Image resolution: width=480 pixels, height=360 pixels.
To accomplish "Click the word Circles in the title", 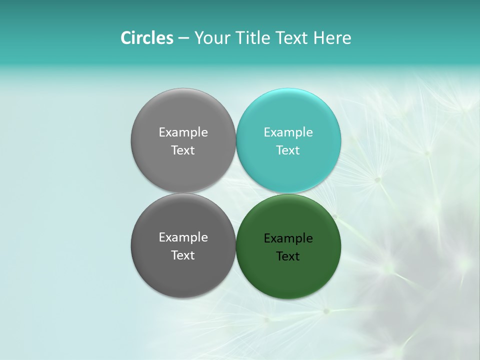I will pyautogui.click(x=146, y=38).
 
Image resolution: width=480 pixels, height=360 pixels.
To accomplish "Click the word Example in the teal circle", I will pyautogui.click(x=288, y=132).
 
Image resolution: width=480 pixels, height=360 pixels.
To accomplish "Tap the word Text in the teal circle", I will pyautogui.click(x=288, y=150).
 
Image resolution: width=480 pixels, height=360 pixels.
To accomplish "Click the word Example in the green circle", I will pyautogui.click(x=288, y=238).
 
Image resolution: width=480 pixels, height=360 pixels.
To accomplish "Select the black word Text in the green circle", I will pyautogui.click(x=288, y=256).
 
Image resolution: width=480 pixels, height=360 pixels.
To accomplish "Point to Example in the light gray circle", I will pyautogui.click(x=183, y=132).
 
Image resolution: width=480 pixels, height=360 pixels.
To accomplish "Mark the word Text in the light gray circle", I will pyautogui.click(x=183, y=150).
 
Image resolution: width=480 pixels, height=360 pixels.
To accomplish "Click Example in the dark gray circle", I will pyautogui.click(x=183, y=237).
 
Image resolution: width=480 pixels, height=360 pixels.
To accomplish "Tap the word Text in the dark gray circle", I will pyautogui.click(x=183, y=255).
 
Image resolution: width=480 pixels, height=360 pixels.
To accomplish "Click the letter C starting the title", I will pyautogui.click(x=126, y=38).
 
